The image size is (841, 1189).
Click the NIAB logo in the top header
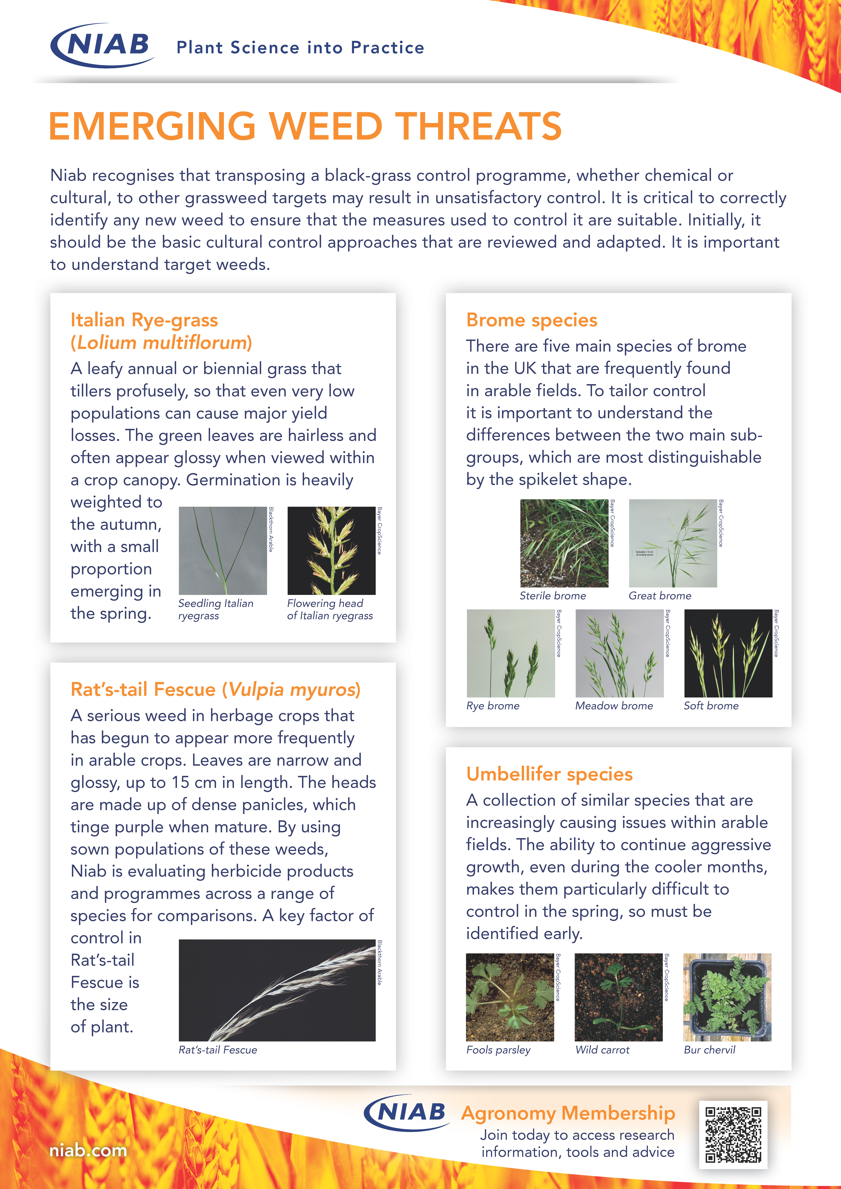[x=103, y=46]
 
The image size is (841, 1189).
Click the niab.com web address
[x=88, y=1151]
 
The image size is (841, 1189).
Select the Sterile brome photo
[x=564, y=543]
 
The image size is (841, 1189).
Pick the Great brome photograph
[x=673, y=543]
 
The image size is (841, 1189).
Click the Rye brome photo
[x=511, y=653]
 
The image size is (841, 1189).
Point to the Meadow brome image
[x=619, y=653]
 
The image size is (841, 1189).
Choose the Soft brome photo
[x=728, y=653]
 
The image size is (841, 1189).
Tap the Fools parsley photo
[x=510, y=997]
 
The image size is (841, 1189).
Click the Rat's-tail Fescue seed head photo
[x=277, y=990]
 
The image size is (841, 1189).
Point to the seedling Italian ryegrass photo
[x=223, y=550]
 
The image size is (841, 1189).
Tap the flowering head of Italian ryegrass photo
[x=331, y=550]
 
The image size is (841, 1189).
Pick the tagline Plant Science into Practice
[x=300, y=48]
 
